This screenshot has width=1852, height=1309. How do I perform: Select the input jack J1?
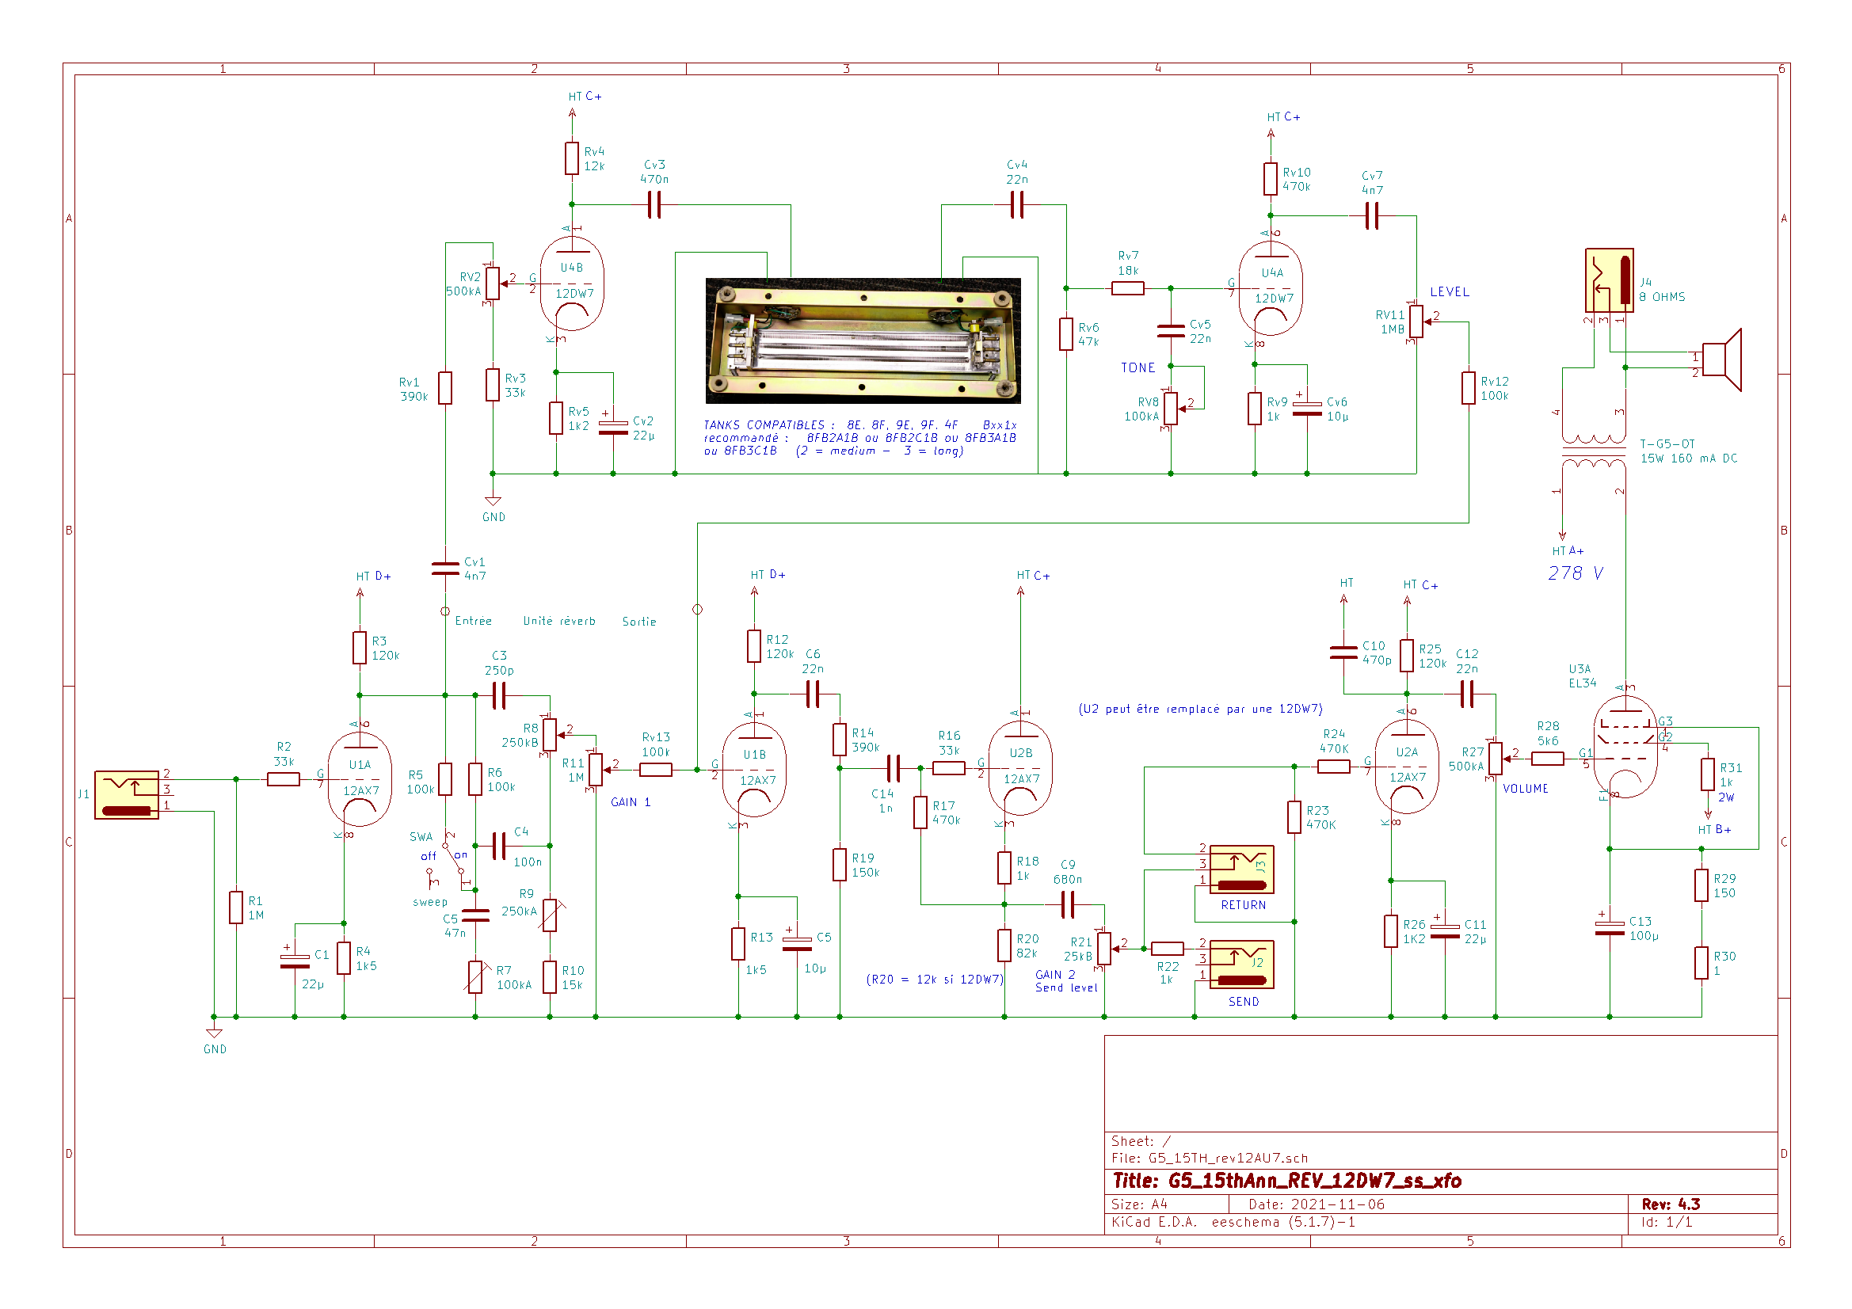tap(127, 794)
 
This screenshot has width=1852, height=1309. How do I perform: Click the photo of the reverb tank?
tap(863, 341)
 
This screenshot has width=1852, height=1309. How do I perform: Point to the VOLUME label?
tap(1525, 789)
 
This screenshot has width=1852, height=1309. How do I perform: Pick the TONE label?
tap(1137, 367)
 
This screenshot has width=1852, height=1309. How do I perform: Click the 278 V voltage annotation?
tap(1576, 573)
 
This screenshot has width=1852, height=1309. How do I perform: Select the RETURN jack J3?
tap(1241, 869)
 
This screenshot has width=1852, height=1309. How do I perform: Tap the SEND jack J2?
tap(1241, 964)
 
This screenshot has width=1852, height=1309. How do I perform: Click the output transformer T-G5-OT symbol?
tap(1593, 451)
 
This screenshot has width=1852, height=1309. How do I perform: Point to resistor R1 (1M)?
tap(235, 908)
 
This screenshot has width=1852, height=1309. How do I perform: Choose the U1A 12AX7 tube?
tap(360, 780)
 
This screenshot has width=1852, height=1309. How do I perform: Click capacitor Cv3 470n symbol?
tap(654, 205)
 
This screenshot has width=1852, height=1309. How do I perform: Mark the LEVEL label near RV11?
tap(1449, 292)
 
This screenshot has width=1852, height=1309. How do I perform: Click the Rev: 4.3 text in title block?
tap(1671, 1204)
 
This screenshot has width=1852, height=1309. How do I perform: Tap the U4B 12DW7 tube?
tap(572, 283)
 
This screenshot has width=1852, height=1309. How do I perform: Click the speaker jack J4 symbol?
tap(1609, 280)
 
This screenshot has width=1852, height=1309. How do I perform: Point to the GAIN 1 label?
tap(630, 801)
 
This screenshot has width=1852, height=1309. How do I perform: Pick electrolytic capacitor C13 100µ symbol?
tap(1609, 928)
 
